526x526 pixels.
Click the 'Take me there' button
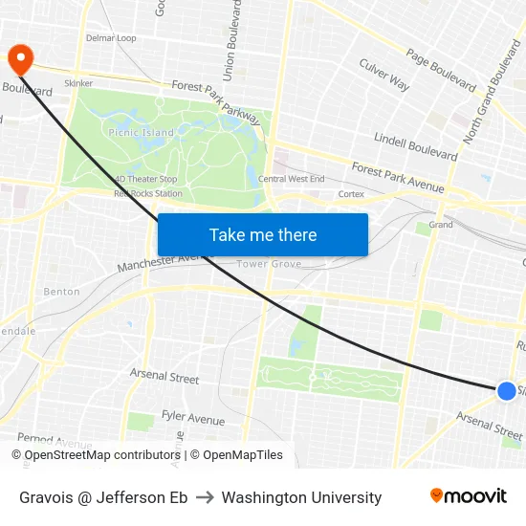tap(262, 235)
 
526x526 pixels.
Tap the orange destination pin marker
tap(19, 59)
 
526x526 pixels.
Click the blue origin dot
tap(507, 390)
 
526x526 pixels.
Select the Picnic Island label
tap(142, 132)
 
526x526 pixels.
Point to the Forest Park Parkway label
tap(216, 102)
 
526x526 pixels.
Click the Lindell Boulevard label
tap(416, 144)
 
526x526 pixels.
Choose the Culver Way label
tap(384, 75)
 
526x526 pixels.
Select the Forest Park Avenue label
tap(398, 180)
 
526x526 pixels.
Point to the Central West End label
tap(292, 179)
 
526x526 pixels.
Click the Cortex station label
tap(351, 194)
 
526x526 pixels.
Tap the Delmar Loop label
tap(111, 38)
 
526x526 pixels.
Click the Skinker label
tap(78, 83)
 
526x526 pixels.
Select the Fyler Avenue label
tap(192, 418)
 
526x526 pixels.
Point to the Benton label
tap(61, 291)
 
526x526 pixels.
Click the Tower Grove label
tap(269, 264)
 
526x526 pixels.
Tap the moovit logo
tap(469, 496)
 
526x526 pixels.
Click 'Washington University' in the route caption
tap(301, 497)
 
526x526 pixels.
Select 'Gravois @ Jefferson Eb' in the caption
tap(103, 497)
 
